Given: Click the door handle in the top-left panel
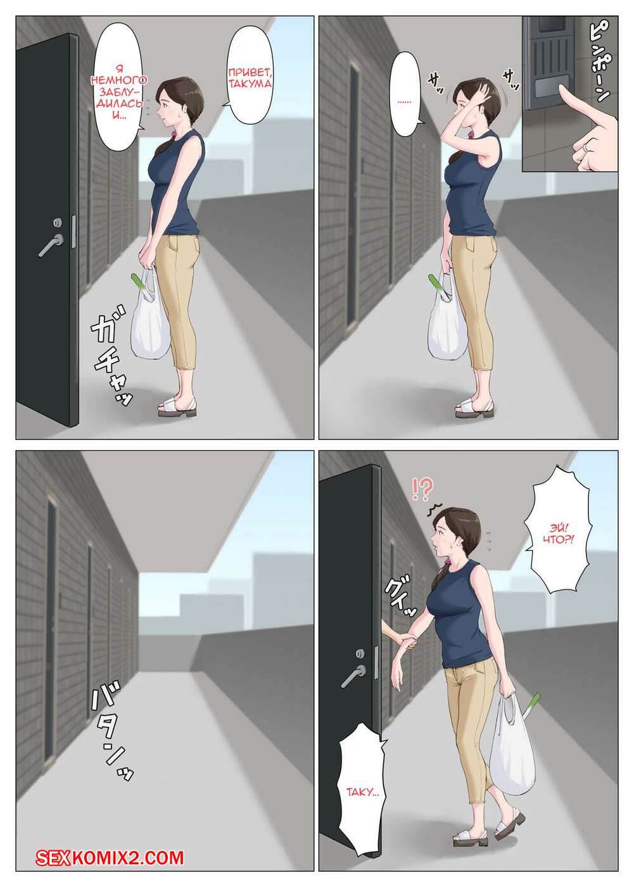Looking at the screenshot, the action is [x=50, y=245].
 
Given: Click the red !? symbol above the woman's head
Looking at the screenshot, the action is [x=422, y=490].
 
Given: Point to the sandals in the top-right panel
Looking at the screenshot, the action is [x=475, y=408].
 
